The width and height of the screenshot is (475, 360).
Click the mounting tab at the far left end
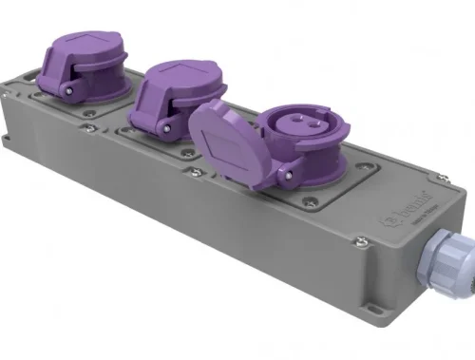tap(7, 143)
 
